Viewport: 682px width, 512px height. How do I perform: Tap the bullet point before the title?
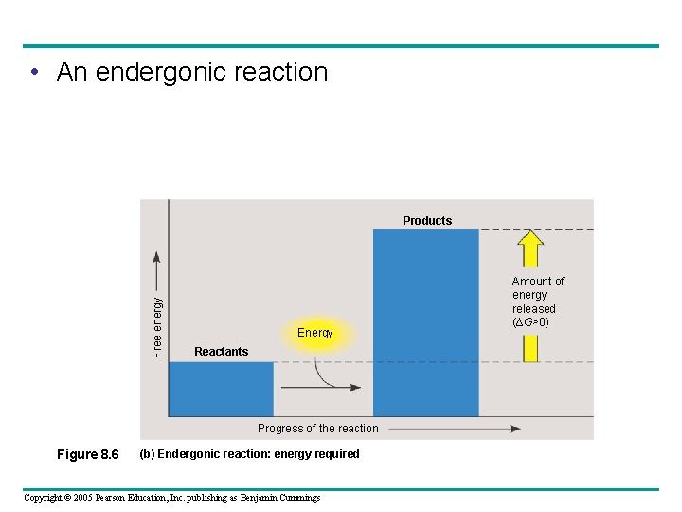click(x=34, y=73)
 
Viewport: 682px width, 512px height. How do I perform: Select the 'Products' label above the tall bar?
click(x=427, y=221)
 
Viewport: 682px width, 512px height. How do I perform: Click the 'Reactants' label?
click(x=221, y=352)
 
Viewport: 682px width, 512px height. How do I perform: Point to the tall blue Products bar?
click(x=425, y=322)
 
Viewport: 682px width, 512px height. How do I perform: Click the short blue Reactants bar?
click(x=221, y=389)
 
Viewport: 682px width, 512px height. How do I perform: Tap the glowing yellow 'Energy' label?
click(x=314, y=333)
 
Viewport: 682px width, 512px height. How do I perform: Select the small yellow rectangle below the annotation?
click(x=530, y=348)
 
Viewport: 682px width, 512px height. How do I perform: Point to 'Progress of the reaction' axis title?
click(x=317, y=429)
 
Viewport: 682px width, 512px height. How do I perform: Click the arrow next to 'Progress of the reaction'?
click(x=455, y=429)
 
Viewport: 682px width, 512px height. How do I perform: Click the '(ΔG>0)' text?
click(x=530, y=322)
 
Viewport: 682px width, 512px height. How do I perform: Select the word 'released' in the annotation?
click(x=533, y=309)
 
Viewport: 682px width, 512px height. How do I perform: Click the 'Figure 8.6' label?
click(x=88, y=455)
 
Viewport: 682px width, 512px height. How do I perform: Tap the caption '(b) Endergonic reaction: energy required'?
click(x=249, y=454)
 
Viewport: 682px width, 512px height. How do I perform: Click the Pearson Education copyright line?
click(x=171, y=498)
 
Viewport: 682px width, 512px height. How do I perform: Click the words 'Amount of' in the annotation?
click(x=537, y=282)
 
